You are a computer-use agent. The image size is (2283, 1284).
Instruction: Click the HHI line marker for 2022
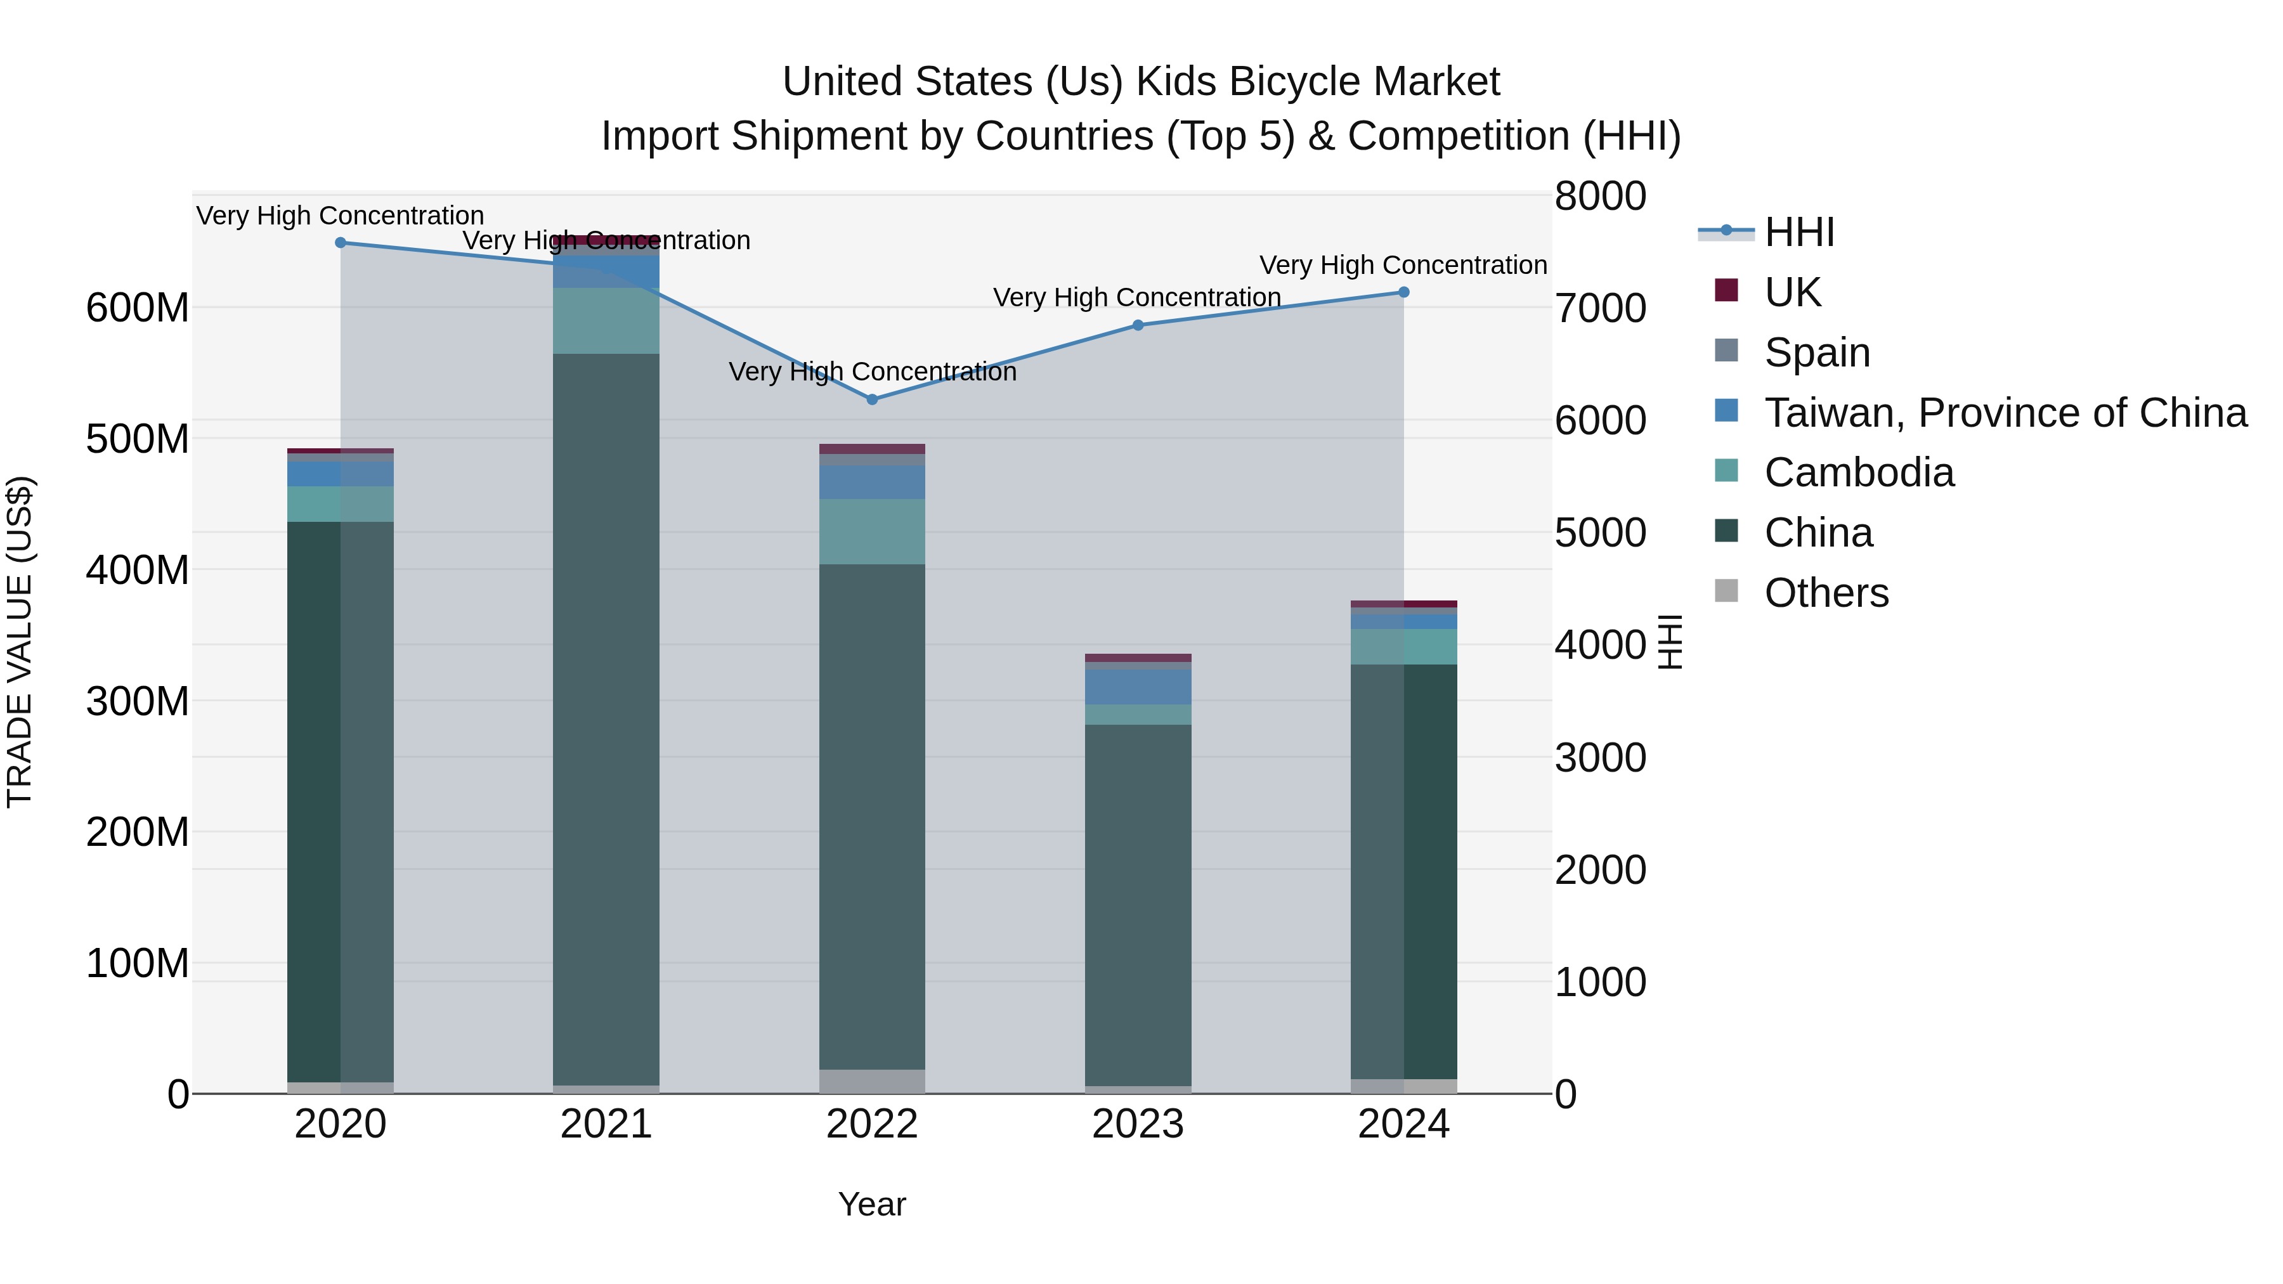click(872, 399)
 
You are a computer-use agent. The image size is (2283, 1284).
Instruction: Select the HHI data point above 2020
click(341, 243)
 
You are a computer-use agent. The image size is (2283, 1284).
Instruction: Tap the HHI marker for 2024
click(1404, 292)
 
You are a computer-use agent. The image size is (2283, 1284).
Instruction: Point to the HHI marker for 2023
click(1138, 325)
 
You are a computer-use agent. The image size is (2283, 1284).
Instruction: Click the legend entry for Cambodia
click(1859, 472)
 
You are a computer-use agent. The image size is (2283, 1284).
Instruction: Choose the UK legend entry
click(1792, 292)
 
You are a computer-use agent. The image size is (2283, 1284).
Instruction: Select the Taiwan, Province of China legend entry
click(2005, 413)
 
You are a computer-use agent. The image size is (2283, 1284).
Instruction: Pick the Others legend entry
click(1826, 593)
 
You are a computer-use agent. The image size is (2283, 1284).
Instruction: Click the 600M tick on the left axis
click(138, 308)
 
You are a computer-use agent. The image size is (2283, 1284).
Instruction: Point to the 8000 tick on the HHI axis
click(1601, 196)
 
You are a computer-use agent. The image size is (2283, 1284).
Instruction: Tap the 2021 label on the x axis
click(606, 1124)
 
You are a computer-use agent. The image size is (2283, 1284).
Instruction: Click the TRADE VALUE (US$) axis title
click(20, 642)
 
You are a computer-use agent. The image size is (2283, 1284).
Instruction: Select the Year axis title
click(872, 1204)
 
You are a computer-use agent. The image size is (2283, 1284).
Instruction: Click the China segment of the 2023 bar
click(1138, 904)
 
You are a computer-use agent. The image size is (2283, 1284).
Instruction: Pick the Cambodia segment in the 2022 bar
click(872, 532)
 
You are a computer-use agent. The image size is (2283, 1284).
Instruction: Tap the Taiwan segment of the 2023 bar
click(1138, 687)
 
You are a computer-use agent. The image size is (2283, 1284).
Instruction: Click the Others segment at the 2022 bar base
click(872, 1081)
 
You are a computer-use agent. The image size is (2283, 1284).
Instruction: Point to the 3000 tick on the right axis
click(1601, 758)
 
